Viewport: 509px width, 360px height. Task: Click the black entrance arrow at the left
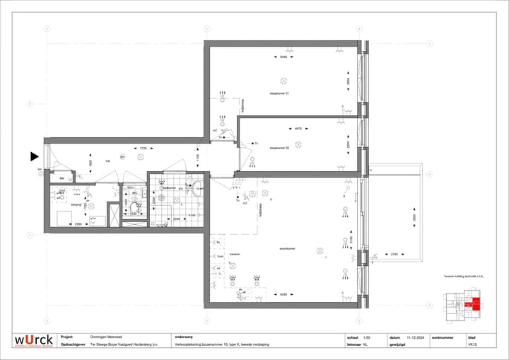point(33,156)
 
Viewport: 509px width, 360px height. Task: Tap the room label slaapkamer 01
point(280,93)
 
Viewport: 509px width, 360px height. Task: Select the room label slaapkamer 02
point(280,148)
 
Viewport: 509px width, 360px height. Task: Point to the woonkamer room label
point(286,248)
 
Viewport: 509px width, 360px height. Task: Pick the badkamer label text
point(169,188)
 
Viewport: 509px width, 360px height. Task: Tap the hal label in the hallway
point(108,161)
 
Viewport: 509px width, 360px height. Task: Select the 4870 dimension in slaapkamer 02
point(298,129)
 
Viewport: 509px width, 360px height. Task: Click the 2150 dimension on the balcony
point(394,253)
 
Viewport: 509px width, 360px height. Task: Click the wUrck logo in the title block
point(33,341)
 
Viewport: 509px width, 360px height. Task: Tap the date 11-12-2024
point(414,337)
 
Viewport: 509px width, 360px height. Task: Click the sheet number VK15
point(472,345)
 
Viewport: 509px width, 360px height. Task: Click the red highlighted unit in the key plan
point(476,304)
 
